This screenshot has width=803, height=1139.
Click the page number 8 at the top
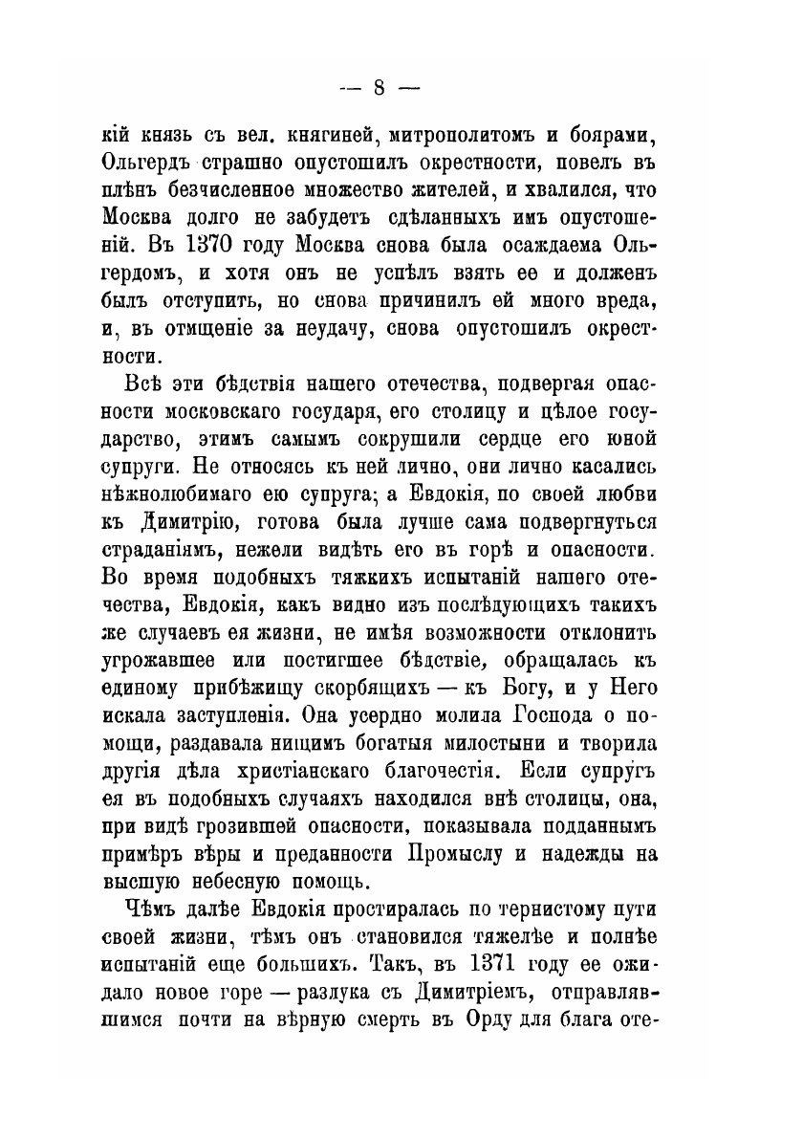pyautogui.click(x=378, y=88)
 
